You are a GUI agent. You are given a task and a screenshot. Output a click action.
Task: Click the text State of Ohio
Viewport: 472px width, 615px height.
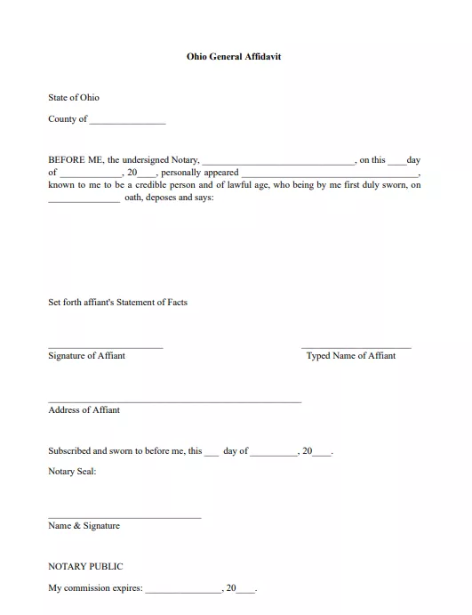coord(74,98)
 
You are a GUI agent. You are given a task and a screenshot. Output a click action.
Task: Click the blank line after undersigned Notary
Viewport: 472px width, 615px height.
coord(278,163)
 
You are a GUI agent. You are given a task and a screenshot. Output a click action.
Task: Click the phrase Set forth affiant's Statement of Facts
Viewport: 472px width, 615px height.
coord(117,303)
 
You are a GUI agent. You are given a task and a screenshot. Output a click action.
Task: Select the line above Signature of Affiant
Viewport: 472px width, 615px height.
coord(106,346)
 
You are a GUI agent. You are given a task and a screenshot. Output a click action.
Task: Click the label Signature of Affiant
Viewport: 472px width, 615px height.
coord(86,356)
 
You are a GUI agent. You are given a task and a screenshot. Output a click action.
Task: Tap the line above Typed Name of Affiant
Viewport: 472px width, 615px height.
coord(356,346)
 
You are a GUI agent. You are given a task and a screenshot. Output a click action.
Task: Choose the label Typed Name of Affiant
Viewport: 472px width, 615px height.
coord(351,356)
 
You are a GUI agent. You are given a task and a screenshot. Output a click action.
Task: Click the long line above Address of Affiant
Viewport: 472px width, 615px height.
coord(174,401)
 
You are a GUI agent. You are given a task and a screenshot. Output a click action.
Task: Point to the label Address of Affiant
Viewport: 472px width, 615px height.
coord(84,410)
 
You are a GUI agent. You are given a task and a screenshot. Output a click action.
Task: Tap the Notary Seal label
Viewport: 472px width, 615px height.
coord(72,472)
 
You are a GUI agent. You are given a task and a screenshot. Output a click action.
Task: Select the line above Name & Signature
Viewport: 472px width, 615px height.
coord(124,517)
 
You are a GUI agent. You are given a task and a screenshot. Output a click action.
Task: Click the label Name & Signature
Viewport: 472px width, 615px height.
coord(84,526)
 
